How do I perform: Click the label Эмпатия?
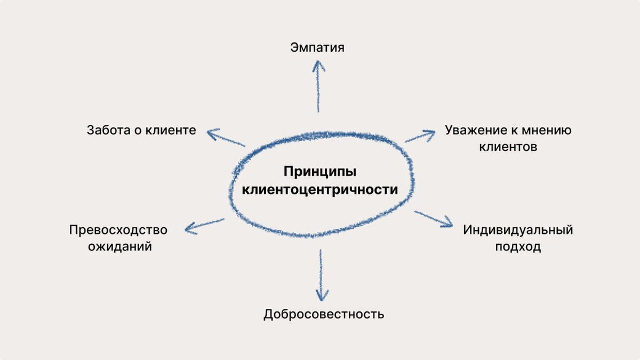[317, 47]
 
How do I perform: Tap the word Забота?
[108, 130]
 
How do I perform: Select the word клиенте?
[171, 130]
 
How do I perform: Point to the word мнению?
[548, 130]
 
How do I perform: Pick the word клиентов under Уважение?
[508, 147]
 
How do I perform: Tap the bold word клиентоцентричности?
[320, 190]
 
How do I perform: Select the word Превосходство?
[118, 230]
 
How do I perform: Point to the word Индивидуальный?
[518, 230]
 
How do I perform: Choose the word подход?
[518, 247]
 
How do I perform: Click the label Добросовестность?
[324, 314]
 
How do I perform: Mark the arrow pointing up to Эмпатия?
[318, 85]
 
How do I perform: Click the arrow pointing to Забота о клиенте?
[226, 138]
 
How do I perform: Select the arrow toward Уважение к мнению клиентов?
[421, 135]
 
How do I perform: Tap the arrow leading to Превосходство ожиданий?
[204, 225]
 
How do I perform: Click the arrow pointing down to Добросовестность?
[321, 275]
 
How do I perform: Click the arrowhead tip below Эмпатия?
[318, 61]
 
